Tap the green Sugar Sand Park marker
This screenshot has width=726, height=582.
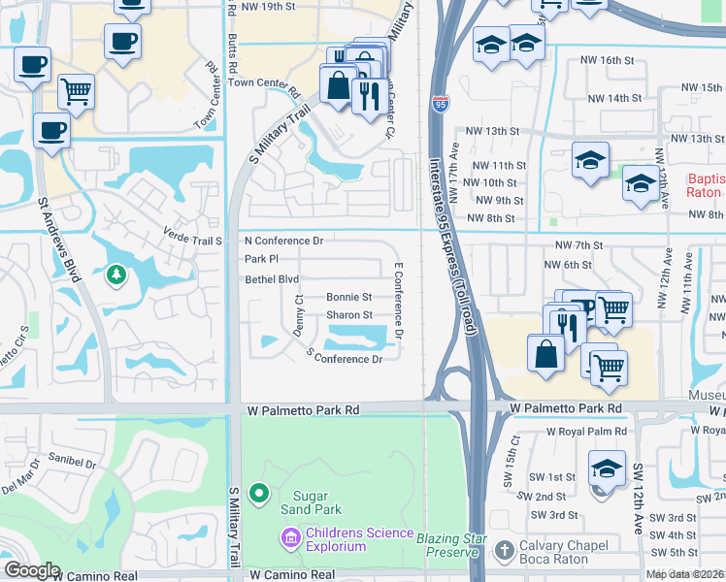(258, 495)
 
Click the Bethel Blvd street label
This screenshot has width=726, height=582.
(272, 279)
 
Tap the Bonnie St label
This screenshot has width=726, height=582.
(348, 297)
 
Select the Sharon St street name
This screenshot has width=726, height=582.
(348, 315)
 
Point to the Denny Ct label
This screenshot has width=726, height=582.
(299, 316)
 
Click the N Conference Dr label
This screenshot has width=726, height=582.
(282, 240)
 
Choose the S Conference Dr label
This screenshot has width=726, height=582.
(345, 358)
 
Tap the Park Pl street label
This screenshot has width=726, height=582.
(261, 259)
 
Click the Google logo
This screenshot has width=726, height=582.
(31, 570)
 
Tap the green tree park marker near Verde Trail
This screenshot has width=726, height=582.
(116, 276)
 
